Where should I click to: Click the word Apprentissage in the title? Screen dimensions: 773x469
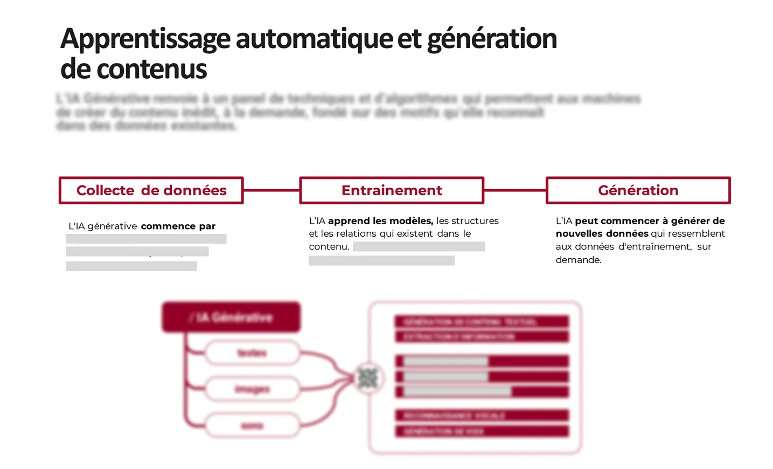[145, 39]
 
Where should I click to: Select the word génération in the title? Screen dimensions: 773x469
[492, 39]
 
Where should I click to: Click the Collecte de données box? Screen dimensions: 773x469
[151, 190]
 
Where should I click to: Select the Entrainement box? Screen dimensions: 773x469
[392, 190]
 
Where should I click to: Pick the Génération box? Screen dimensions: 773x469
[638, 190]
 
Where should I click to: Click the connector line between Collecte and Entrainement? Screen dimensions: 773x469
[271, 190]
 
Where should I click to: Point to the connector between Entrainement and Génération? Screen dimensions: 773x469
[515, 190]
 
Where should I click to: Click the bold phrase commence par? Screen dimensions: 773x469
[178, 226]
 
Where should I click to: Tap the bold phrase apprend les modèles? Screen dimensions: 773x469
[380, 221]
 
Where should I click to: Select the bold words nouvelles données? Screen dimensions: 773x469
[602, 234]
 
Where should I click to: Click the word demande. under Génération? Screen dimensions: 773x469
[579, 260]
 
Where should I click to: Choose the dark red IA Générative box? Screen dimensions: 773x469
[231, 317]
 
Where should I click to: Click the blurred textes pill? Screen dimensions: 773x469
[252, 353]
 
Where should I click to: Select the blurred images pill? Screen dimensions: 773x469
[252, 389]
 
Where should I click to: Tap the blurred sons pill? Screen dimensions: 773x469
[252, 426]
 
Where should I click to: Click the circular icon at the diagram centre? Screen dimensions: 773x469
[368, 378]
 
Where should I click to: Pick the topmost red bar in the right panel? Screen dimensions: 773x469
[482, 322]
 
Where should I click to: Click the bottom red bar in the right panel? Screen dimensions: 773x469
[482, 431]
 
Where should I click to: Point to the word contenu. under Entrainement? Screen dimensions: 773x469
[329, 247]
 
